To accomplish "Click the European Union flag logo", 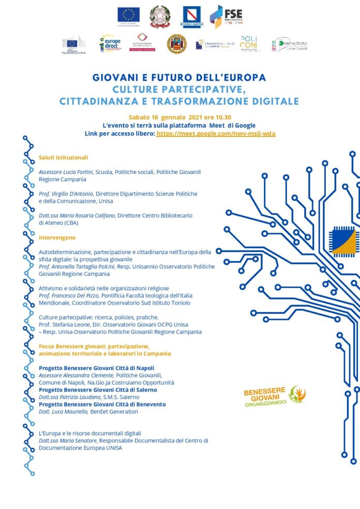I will (128, 14).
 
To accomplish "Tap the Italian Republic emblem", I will (160, 16).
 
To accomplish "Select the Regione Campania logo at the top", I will (191, 17).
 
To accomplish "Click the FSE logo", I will (227, 16).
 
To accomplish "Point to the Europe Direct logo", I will (110, 43).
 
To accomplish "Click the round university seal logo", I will (177, 44).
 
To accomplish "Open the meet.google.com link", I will (216, 133).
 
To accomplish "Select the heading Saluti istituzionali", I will (64, 157).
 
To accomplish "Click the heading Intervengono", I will (57, 237).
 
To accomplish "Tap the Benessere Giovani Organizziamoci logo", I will (274, 396).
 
